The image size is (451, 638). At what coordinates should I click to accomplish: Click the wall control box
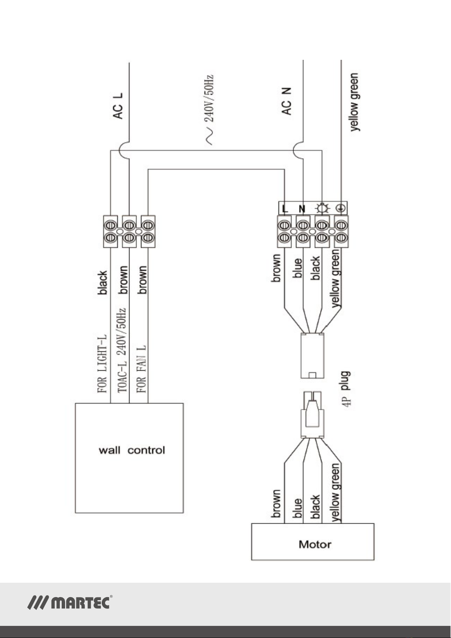[x=129, y=458]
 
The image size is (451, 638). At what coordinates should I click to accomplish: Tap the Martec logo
[x=70, y=602]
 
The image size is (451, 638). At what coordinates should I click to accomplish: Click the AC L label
[x=118, y=106]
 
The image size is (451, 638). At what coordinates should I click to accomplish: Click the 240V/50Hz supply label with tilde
[x=209, y=110]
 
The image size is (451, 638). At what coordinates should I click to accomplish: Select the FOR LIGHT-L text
[x=102, y=364]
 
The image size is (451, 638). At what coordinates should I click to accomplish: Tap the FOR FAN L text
[x=142, y=368]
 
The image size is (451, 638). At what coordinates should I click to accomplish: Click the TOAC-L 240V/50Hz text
[x=122, y=350]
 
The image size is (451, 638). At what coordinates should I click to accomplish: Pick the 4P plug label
[x=346, y=389]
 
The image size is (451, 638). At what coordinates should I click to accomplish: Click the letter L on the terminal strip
[x=285, y=209]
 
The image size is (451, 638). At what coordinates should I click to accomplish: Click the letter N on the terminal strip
[x=302, y=209]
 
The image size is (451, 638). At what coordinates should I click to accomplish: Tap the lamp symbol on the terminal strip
[x=322, y=209]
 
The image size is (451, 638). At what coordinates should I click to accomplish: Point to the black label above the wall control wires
[x=103, y=282]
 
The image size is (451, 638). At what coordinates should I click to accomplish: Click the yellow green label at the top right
[x=354, y=102]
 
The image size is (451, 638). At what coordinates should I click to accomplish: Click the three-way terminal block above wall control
[x=129, y=231]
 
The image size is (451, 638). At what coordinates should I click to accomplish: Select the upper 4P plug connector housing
[x=313, y=356]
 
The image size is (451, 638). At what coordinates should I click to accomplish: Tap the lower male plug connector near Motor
[x=313, y=415]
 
